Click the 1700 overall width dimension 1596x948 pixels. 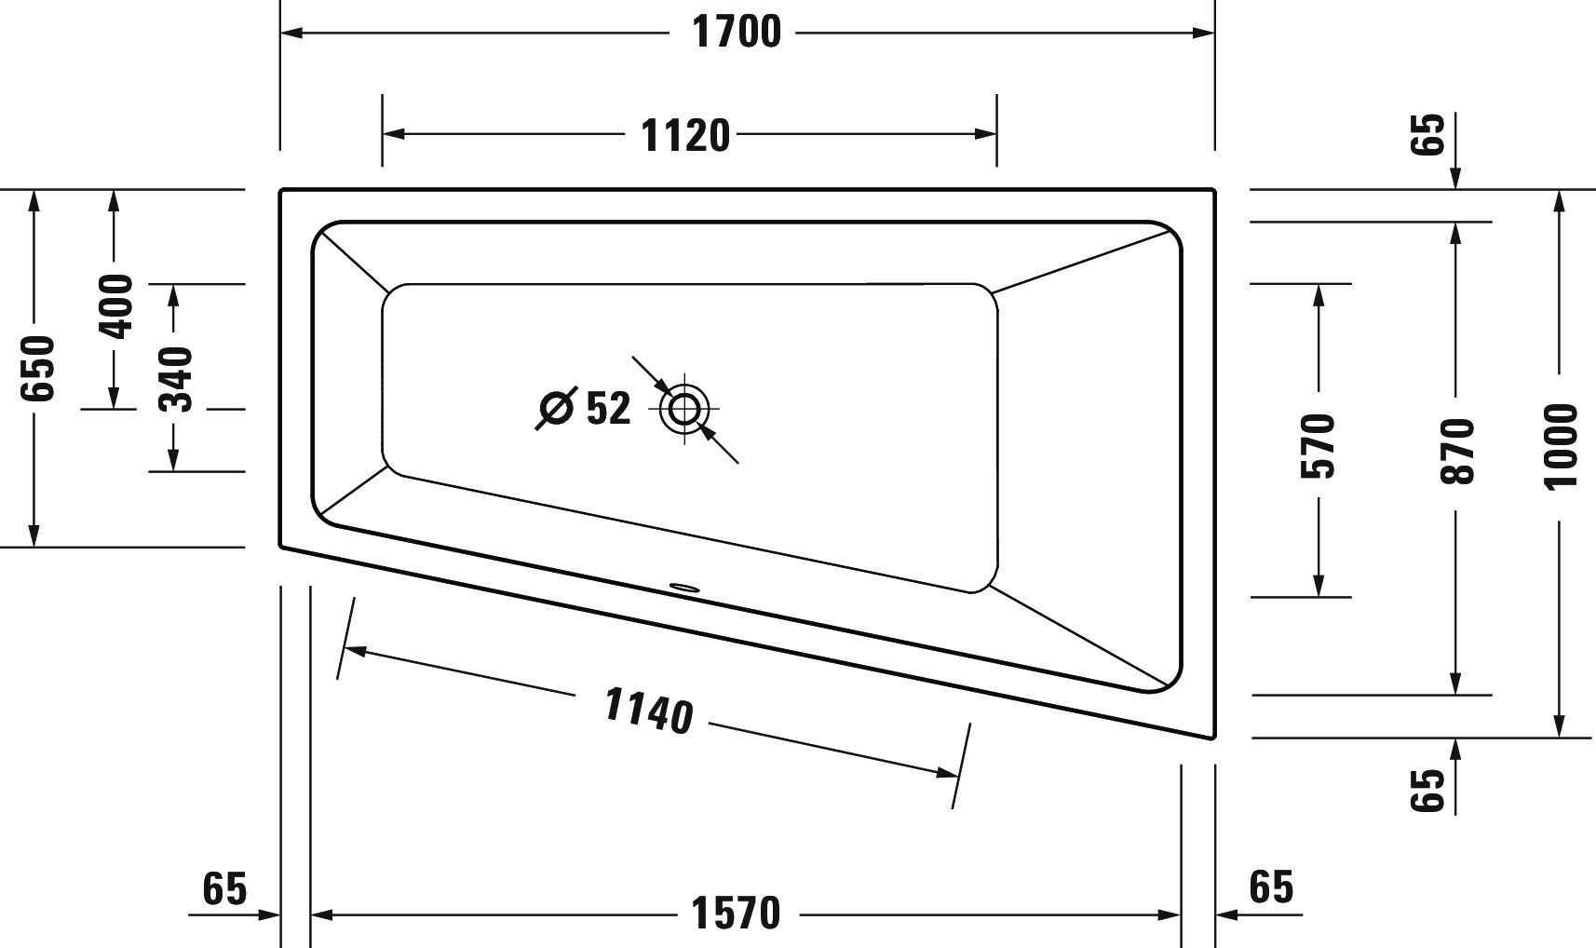coord(737,33)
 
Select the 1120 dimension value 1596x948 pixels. coord(686,136)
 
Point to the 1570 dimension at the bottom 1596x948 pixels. coord(736,914)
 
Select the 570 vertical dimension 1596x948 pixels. coord(1319,446)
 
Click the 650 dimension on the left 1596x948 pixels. coord(38,368)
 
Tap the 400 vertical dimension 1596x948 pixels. coord(116,306)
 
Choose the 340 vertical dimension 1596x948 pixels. coord(175,378)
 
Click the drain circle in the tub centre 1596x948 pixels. coord(684,409)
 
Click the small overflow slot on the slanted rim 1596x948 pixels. coord(684,588)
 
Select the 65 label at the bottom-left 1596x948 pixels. coord(224,888)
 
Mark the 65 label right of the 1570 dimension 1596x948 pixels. coord(1271,887)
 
